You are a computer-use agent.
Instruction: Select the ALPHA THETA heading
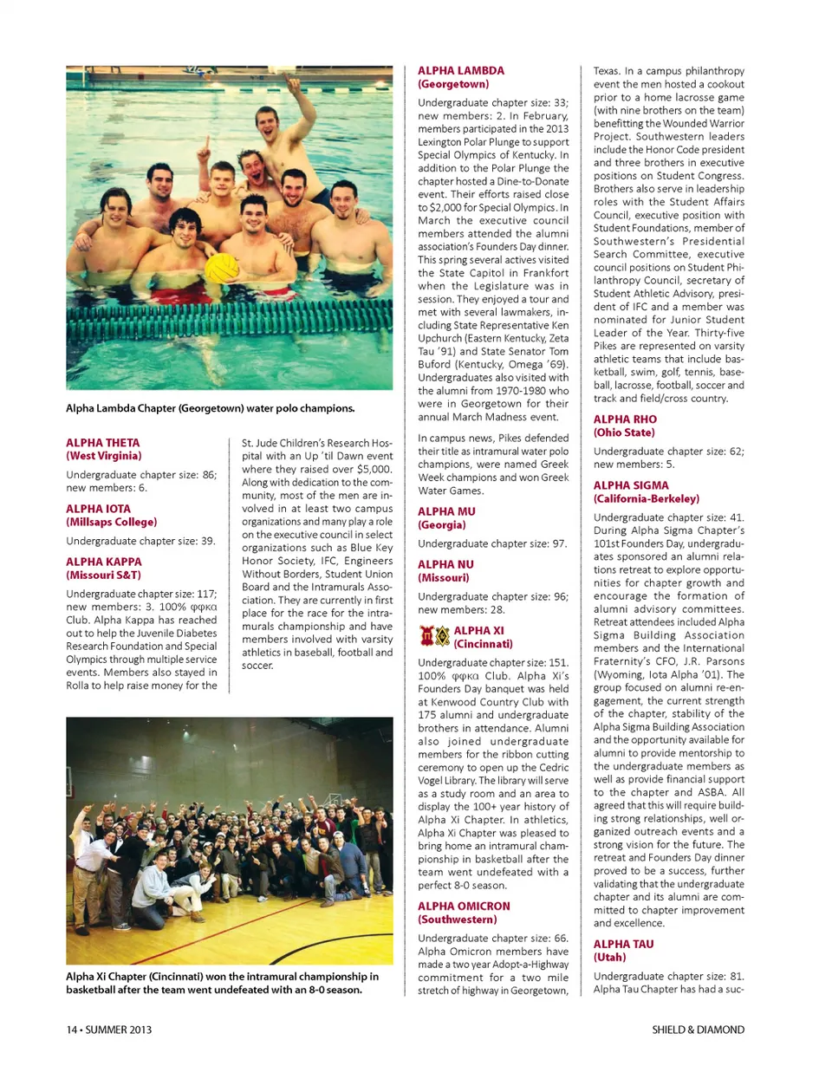coord(102,443)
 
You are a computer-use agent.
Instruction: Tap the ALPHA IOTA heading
coord(98,510)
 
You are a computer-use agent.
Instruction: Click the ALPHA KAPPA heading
coord(103,562)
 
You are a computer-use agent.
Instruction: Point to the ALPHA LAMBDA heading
coord(460,71)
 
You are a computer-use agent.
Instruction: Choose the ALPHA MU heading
coord(446,512)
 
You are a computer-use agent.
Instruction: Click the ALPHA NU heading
coord(445,565)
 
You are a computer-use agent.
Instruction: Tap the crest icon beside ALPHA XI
coord(434,637)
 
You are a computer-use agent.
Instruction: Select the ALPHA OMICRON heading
coord(464,907)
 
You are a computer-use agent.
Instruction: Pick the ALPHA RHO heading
coord(625,419)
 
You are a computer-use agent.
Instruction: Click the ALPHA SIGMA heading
coord(631,486)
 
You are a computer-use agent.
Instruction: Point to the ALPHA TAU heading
coord(623,945)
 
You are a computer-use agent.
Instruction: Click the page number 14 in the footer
coord(72,1030)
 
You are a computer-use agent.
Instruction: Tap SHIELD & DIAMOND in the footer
coord(698,1030)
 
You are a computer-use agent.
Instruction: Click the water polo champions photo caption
coord(210,409)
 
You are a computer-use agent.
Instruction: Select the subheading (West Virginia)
coord(103,456)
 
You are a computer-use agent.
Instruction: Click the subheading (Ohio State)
coord(624,432)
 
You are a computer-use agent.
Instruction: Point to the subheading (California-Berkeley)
coord(646,499)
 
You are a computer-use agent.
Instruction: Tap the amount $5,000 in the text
coord(374,470)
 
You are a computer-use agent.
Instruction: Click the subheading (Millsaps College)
coord(111,523)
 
